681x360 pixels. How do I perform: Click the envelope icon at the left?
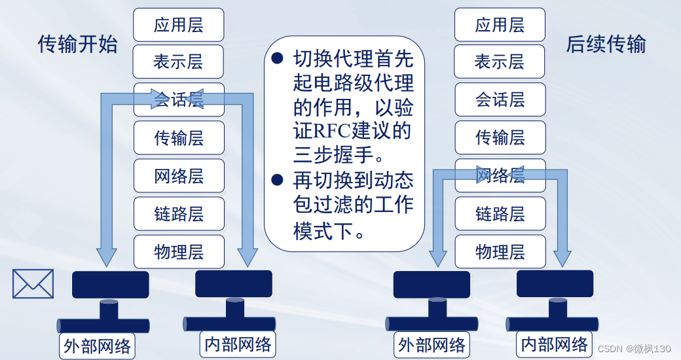[33, 283]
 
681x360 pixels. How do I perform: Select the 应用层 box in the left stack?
[179, 25]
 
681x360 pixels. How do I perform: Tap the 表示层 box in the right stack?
[500, 62]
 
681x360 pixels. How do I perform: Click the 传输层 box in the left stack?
[179, 138]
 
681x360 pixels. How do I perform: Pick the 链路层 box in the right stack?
[500, 213]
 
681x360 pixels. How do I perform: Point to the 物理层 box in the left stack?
[179, 251]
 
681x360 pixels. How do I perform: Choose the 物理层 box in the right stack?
[500, 251]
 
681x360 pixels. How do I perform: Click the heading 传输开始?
[78, 45]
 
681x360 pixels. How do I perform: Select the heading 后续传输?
[606, 45]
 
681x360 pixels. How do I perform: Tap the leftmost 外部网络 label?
[97, 346]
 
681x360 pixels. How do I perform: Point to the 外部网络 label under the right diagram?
[432, 345]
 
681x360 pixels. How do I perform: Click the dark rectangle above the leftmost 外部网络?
[110, 285]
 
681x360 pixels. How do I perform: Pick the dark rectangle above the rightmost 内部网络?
[555, 283]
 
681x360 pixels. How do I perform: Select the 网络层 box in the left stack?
[179, 176]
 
